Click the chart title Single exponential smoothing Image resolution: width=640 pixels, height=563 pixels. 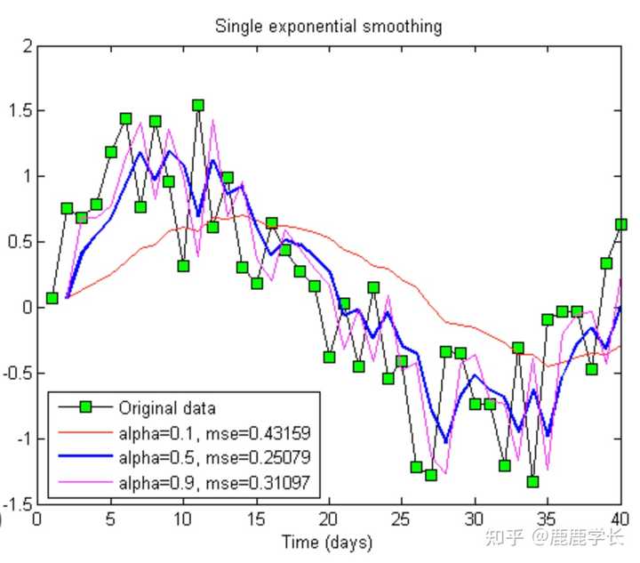click(328, 26)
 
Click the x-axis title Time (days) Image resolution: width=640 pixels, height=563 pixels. click(327, 541)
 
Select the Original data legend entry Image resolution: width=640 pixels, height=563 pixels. click(167, 408)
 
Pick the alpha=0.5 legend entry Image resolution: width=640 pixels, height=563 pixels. click(213, 459)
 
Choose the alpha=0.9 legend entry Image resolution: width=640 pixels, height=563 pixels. click(213, 484)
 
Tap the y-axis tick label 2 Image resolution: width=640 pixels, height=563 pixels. click(28, 45)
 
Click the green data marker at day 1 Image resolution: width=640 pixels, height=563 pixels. click(52, 298)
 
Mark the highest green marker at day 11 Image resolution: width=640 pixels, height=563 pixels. click(198, 105)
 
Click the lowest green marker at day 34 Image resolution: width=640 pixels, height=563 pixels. click(532, 481)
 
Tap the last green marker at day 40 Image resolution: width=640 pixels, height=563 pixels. click(620, 224)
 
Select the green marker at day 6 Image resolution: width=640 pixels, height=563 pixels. click(125, 118)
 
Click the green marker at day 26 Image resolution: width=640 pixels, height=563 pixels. click(416, 467)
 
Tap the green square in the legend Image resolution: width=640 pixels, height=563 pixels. click(84, 408)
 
